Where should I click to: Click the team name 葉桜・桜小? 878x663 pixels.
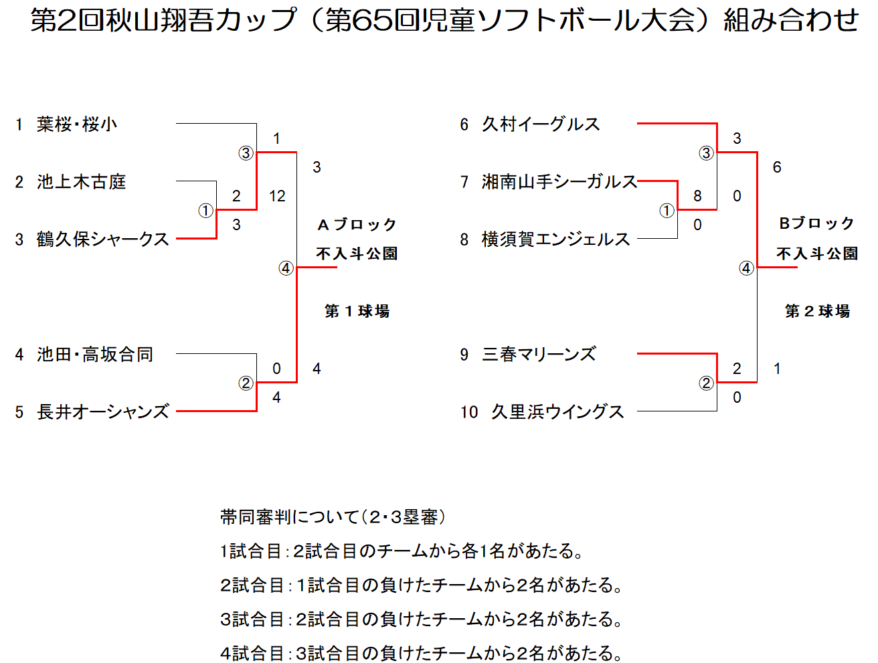click(x=77, y=124)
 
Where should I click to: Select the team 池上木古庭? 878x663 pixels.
click(x=82, y=182)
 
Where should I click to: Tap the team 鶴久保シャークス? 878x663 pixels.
click(x=102, y=240)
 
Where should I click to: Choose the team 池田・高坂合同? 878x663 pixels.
click(x=95, y=355)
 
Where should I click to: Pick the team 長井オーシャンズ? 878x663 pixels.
click(x=102, y=412)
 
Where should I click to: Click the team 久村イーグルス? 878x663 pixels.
click(x=541, y=124)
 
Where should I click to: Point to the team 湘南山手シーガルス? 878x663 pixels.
click(x=559, y=182)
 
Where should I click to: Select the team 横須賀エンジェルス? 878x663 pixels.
click(x=555, y=240)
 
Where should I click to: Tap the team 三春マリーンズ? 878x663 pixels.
click(x=539, y=355)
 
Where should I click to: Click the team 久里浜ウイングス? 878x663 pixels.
click(x=557, y=412)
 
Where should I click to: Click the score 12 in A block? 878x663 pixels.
click(x=277, y=196)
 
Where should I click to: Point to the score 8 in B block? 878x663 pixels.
click(x=697, y=196)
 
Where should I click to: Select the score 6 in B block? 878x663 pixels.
click(x=777, y=167)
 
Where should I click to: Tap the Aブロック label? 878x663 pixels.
click(x=357, y=225)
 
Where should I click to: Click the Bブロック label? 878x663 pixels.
click(x=816, y=223)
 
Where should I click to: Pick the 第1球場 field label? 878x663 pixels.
click(x=357, y=311)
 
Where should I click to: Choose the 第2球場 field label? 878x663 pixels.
click(x=817, y=311)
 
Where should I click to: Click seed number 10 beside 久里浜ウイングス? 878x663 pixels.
click(x=469, y=412)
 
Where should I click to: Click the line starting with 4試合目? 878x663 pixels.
click(x=422, y=653)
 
